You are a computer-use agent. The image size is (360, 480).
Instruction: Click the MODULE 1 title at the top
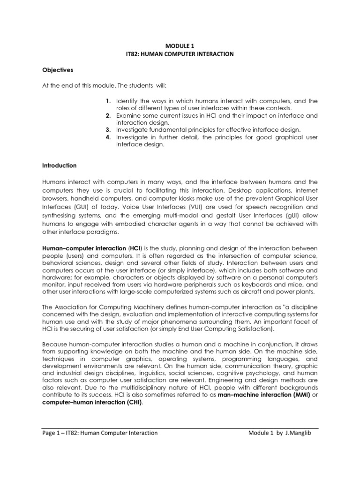180,45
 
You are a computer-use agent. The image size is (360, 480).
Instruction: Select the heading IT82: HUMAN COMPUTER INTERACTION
180,54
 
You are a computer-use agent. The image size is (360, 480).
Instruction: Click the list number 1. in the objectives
108,101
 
